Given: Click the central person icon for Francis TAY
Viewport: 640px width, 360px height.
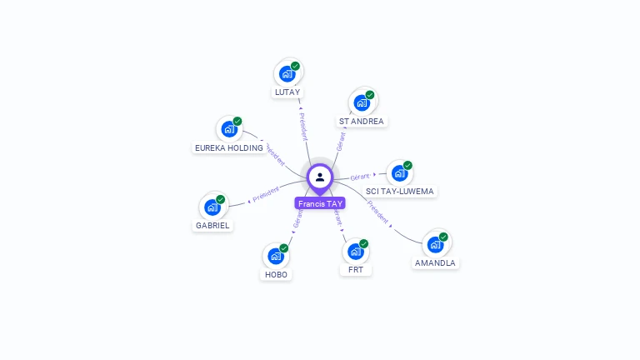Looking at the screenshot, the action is tap(320, 177).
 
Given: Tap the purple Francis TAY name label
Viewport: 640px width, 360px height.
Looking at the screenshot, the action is tap(320, 203).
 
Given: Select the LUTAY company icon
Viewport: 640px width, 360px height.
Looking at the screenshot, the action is tap(287, 73).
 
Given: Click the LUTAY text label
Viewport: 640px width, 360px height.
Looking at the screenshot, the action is tap(287, 92).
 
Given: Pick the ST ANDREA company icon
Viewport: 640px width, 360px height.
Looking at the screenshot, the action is tap(362, 102).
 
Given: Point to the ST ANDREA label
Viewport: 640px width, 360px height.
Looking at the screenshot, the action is tap(362, 122).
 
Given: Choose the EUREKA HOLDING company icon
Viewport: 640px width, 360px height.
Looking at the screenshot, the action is tap(229, 130).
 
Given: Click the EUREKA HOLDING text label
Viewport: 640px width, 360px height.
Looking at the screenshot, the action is tap(229, 148).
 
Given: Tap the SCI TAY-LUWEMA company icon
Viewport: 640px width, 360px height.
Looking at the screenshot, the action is tap(400, 172).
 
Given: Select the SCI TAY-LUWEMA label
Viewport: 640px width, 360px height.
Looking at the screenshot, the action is tap(401, 192).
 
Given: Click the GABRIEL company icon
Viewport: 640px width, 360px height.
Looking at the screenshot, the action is tap(212, 207).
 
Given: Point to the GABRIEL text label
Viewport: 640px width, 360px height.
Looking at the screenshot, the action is tap(213, 225).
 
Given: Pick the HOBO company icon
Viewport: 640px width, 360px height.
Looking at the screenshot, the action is tap(276, 256).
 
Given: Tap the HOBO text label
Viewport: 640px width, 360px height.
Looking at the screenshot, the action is tap(276, 274).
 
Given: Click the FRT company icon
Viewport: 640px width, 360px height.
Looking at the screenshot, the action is tap(355, 252).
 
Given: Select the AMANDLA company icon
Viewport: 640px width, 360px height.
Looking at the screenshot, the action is tap(435, 244).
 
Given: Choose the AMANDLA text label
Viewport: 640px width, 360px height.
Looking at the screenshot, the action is tap(435, 263).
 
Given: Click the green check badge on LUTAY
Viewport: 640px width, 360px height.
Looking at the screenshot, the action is tap(296, 66).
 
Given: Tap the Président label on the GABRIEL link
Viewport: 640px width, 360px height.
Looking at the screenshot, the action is tap(264, 194).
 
